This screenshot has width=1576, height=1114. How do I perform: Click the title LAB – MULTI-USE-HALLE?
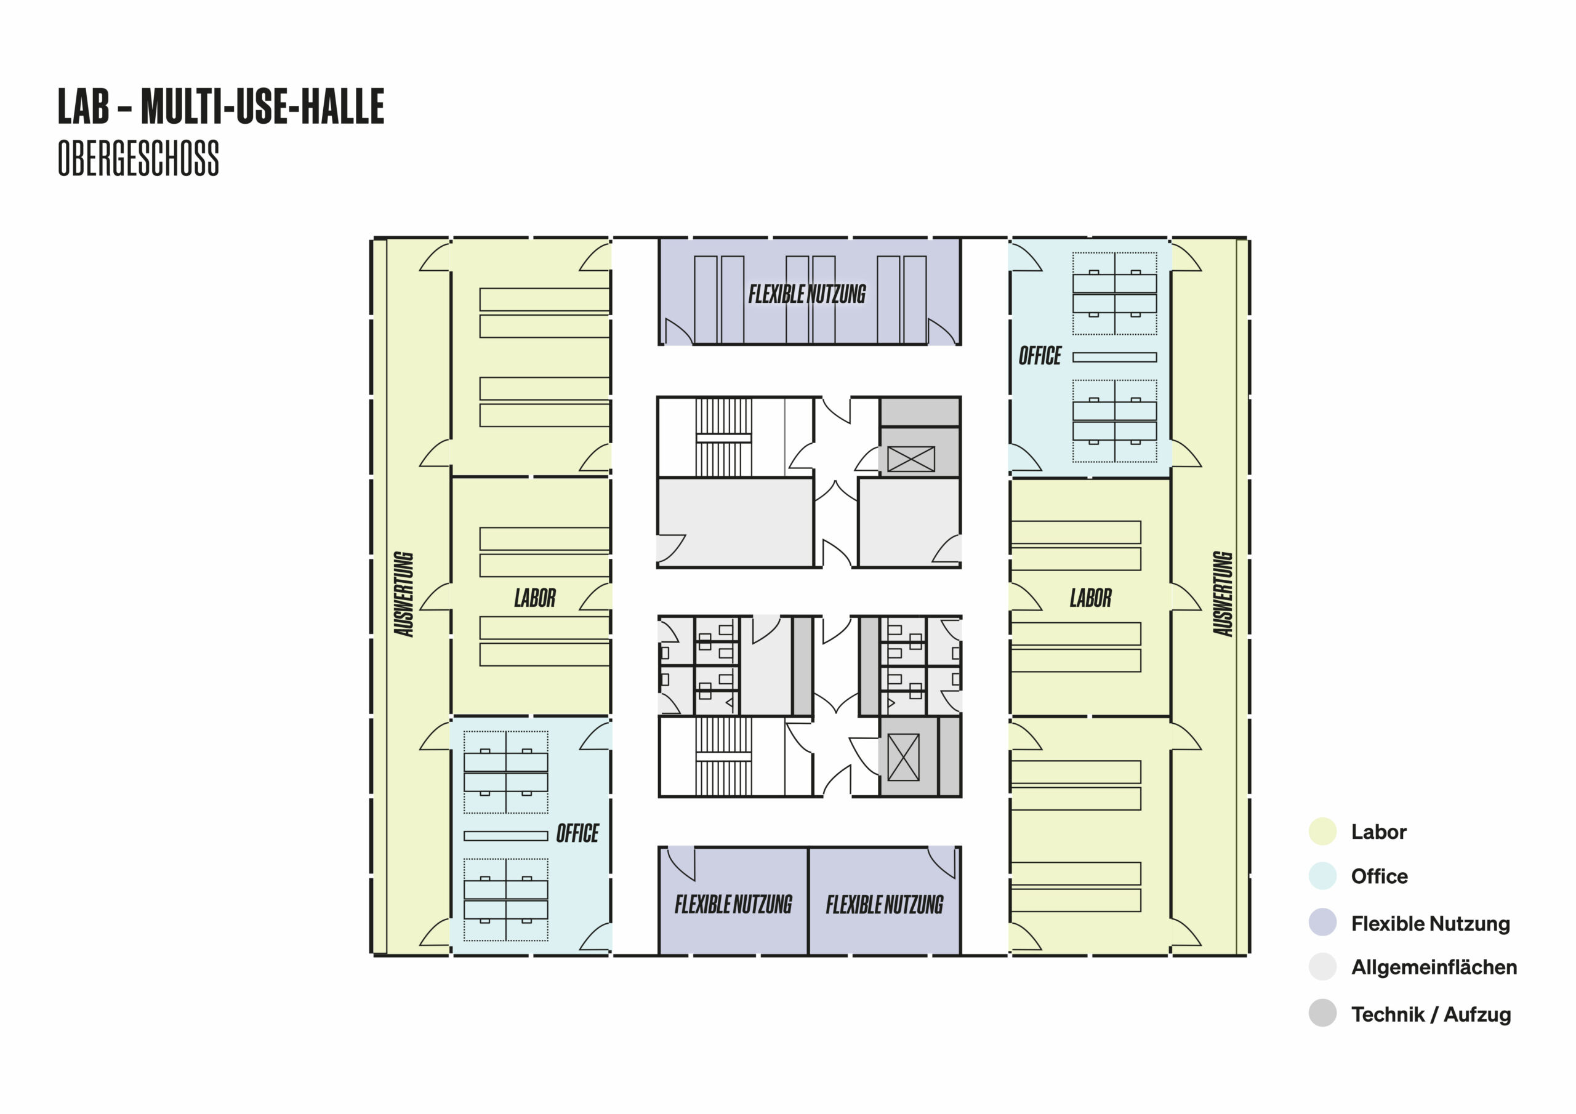tap(221, 106)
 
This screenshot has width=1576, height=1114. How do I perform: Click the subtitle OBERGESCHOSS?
tap(139, 158)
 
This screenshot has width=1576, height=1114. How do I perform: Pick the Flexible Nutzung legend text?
tap(1431, 923)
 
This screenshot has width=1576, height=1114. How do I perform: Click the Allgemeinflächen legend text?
tap(1434, 967)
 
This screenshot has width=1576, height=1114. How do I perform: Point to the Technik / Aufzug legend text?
tap(1431, 1014)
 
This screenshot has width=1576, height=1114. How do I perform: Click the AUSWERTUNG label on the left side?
tap(404, 594)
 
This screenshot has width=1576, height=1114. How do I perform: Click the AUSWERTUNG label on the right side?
tap(1223, 594)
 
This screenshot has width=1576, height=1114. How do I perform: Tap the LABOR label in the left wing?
tap(535, 598)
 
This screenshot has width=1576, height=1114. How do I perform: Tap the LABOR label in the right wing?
tap(1090, 598)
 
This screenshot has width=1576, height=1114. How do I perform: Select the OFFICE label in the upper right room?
tap(1040, 356)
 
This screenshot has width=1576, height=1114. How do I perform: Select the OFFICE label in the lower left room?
tap(577, 833)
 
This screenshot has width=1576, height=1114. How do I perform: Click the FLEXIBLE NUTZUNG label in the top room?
tap(807, 294)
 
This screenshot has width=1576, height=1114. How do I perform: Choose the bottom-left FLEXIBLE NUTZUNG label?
tap(733, 904)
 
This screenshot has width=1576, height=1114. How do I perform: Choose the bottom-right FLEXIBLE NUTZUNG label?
tap(885, 905)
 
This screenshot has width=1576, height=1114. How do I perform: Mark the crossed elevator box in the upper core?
tap(911, 459)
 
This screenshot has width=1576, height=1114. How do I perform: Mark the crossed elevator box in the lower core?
tap(903, 757)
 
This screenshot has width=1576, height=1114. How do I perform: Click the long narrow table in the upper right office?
tap(1115, 357)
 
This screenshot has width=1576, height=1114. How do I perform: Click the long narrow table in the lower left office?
tap(506, 835)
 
